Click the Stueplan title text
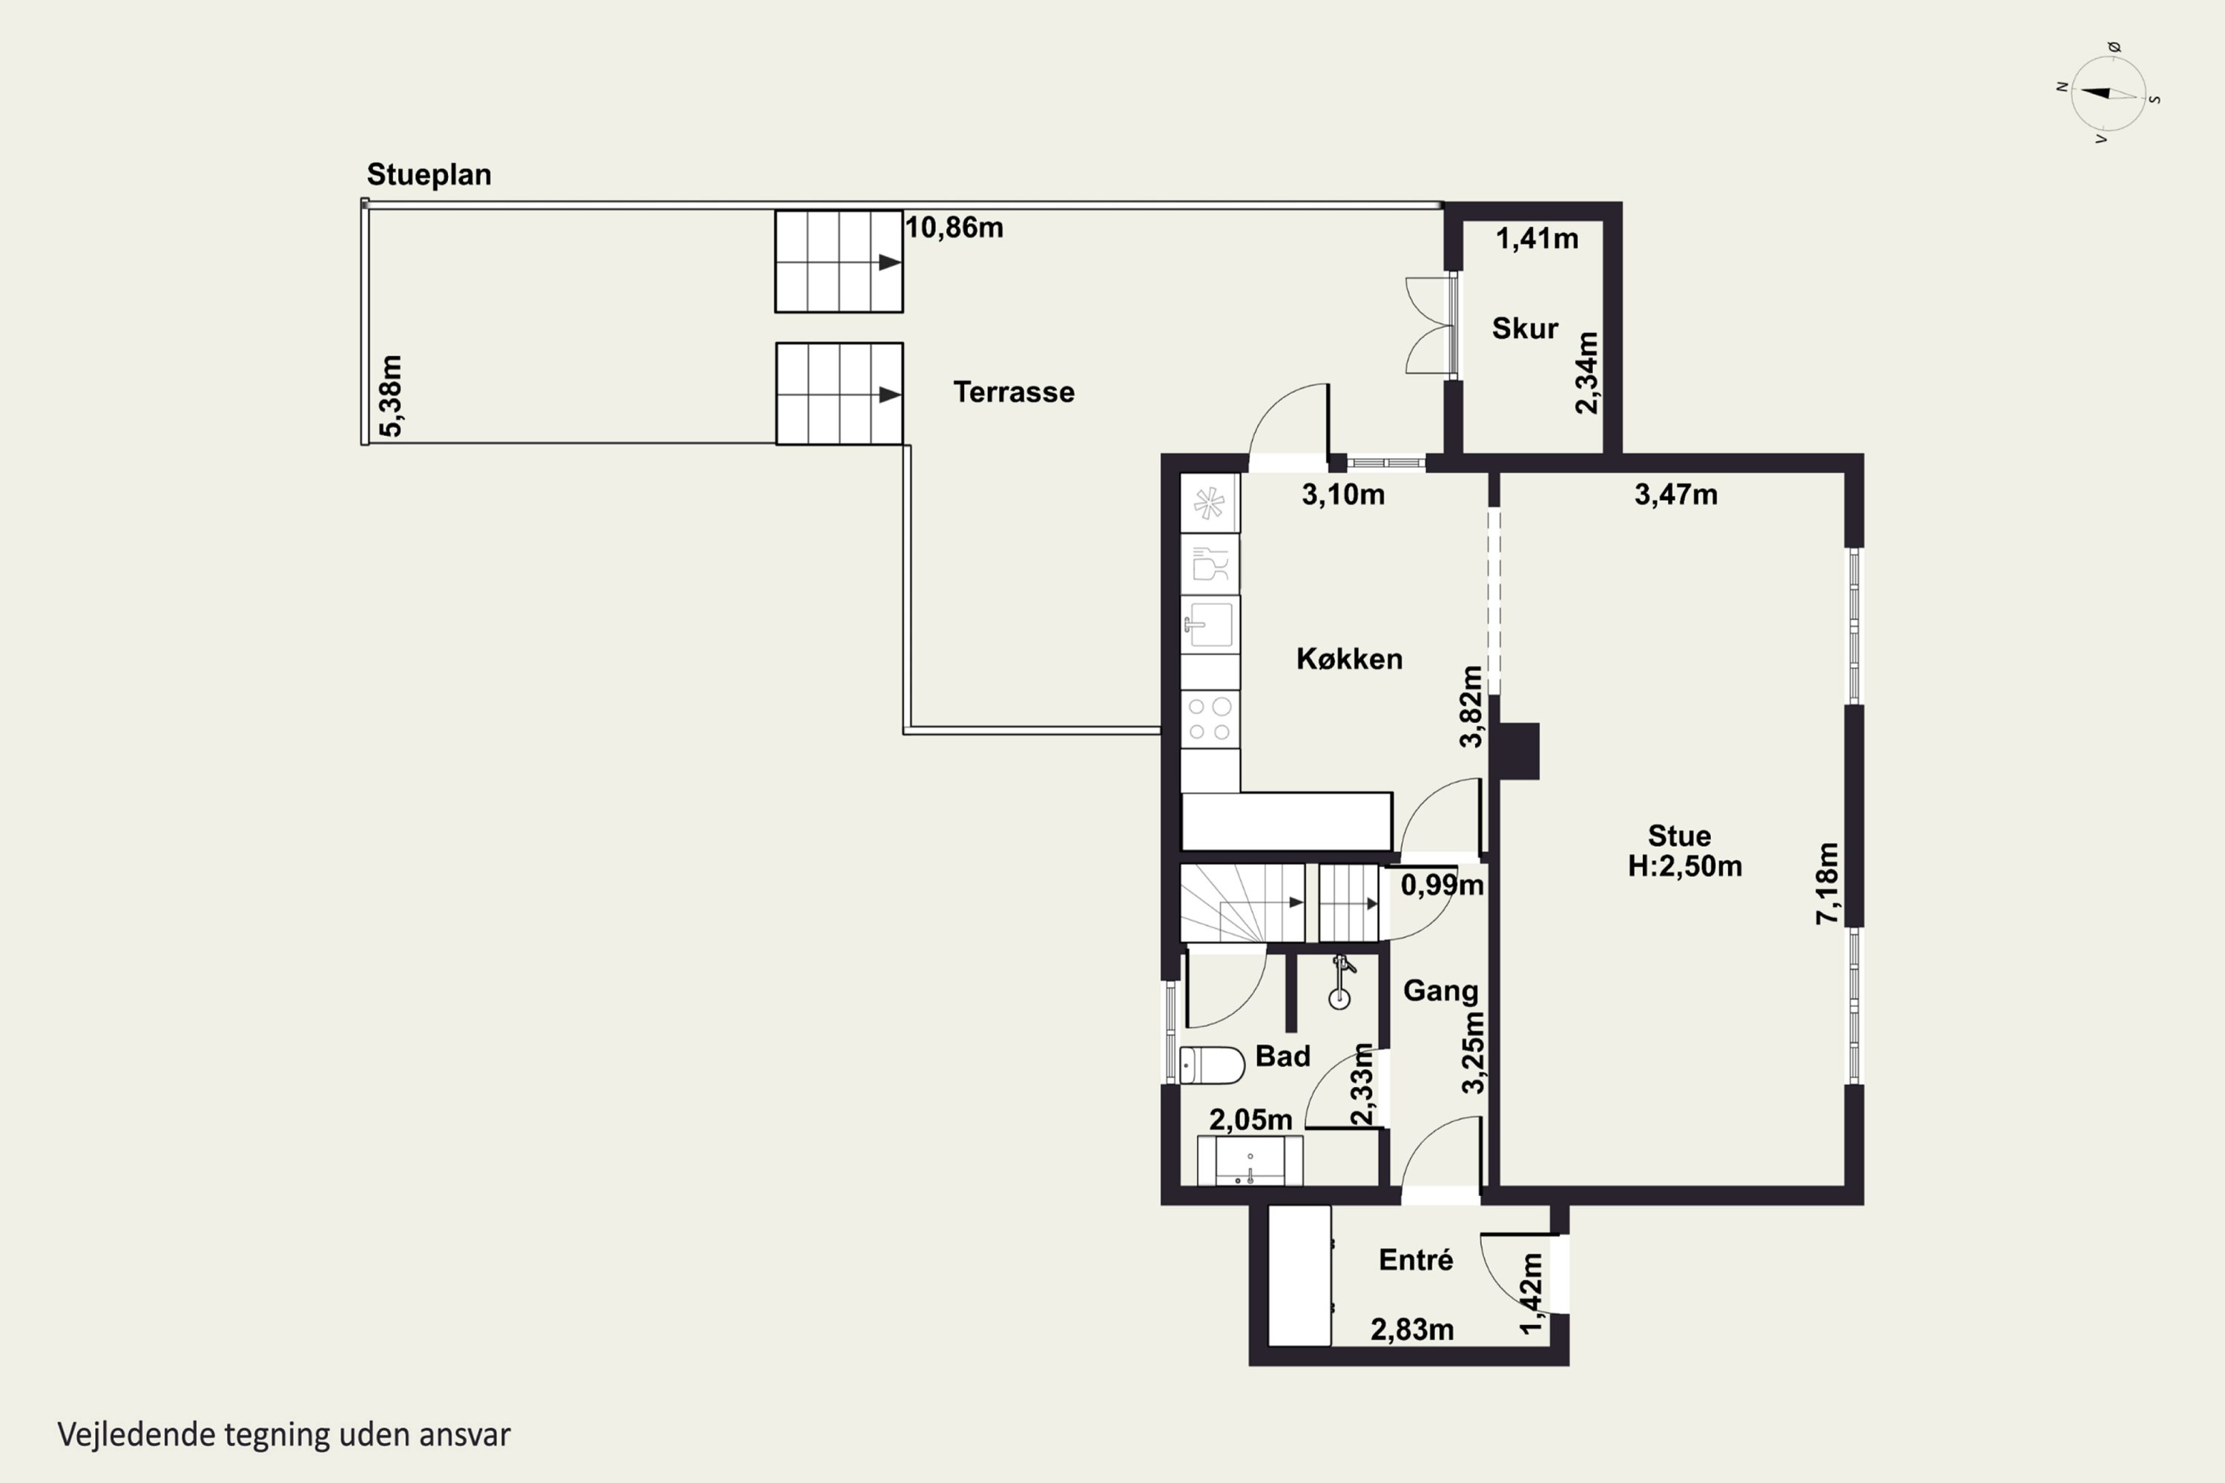click(429, 175)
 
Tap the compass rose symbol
click(2109, 93)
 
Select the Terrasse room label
click(1013, 392)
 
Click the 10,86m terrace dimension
click(955, 228)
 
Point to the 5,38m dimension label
click(391, 396)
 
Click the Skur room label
click(1524, 328)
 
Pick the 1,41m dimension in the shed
click(1536, 240)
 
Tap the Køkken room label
click(1349, 659)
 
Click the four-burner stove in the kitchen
click(1210, 719)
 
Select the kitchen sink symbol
click(1210, 624)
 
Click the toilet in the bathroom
click(1212, 1065)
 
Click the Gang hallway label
click(1440, 991)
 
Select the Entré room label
click(1415, 1260)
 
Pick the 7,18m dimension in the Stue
click(1827, 883)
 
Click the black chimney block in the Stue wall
click(1517, 751)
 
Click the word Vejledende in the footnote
click(136, 1435)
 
